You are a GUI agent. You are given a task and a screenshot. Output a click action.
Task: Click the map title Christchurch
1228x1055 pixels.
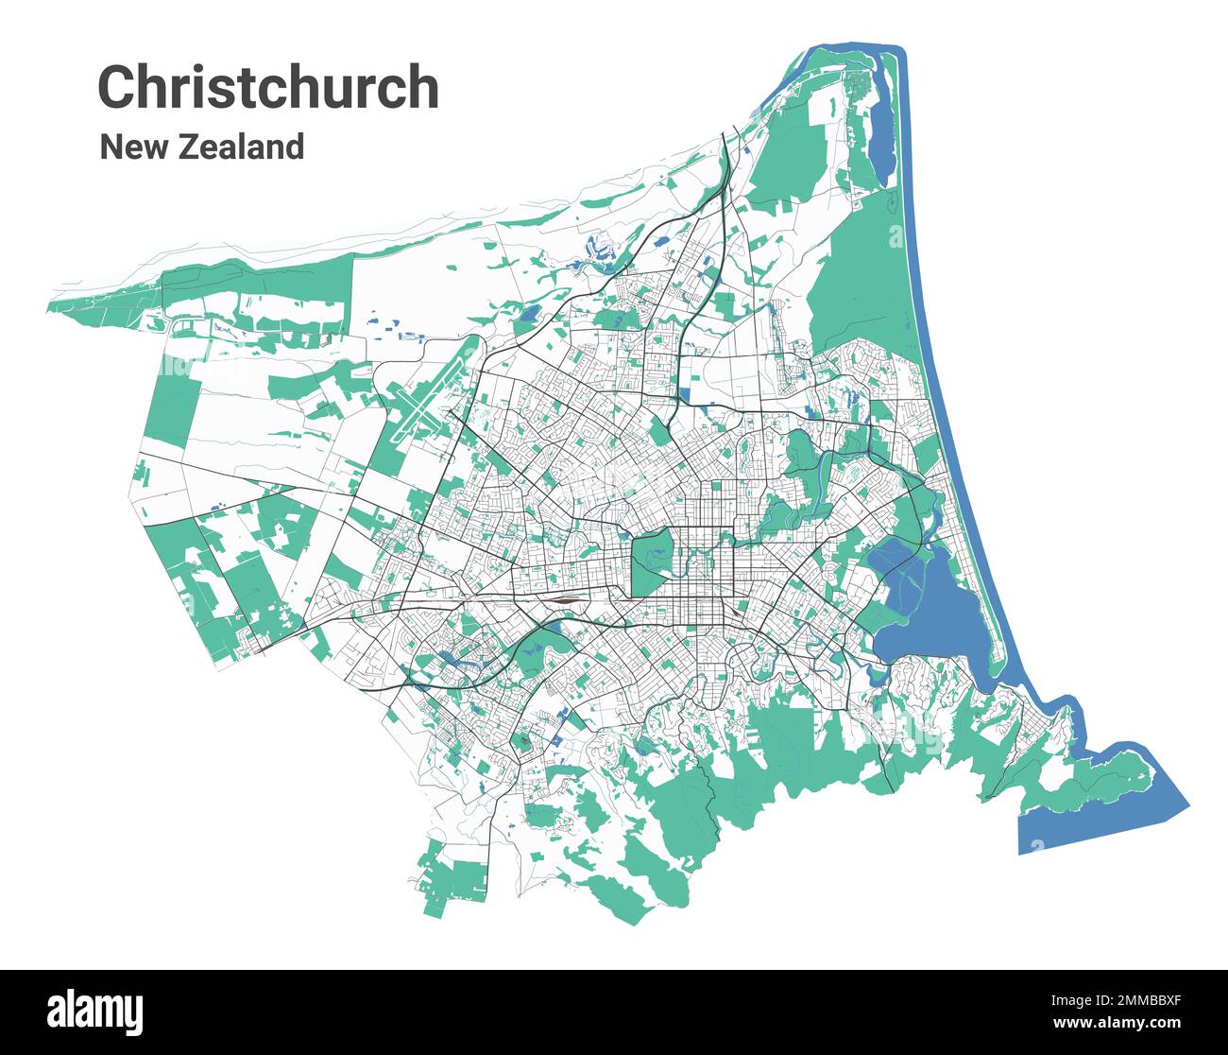[x=268, y=87]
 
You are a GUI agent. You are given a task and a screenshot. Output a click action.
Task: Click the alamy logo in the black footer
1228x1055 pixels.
[x=96, y=1012]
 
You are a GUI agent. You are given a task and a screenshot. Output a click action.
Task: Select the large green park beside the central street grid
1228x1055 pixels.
[x=650, y=562]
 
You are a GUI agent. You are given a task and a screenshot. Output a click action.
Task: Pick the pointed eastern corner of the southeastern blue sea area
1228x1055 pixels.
[x=1186, y=805]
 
